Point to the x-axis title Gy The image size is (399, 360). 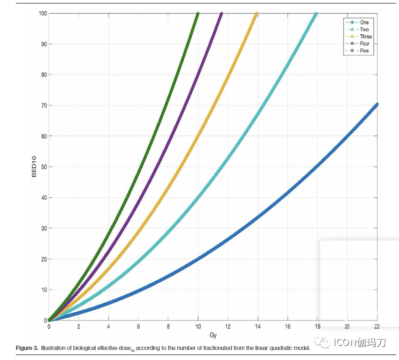[x=213, y=335]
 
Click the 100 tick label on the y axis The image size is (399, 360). [x=41, y=14]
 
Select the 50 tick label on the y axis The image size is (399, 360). [x=42, y=167]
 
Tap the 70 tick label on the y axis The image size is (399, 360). [x=42, y=105]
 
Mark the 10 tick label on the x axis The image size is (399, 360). [x=198, y=327]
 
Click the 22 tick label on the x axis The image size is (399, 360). [x=377, y=327]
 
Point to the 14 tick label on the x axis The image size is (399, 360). [x=257, y=327]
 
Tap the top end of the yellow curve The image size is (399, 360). [x=256, y=14]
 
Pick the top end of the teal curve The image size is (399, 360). [x=316, y=14]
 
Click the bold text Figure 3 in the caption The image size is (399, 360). [x=27, y=348]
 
